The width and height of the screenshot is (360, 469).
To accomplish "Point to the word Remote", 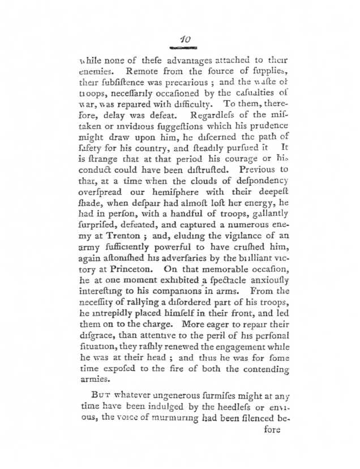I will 144,73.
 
